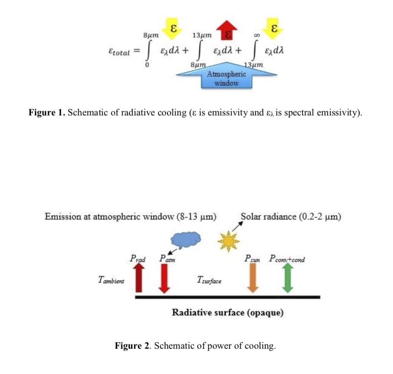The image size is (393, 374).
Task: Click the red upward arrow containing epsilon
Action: click(227, 31)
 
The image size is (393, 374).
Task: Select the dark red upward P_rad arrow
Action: click(139, 278)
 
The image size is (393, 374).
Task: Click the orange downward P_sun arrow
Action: click(253, 278)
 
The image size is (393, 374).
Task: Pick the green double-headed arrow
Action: click(288, 278)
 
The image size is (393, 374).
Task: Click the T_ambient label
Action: click(111, 280)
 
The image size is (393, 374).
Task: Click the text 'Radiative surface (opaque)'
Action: click(228, 313)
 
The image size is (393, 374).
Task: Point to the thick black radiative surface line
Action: click(228, 297)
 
